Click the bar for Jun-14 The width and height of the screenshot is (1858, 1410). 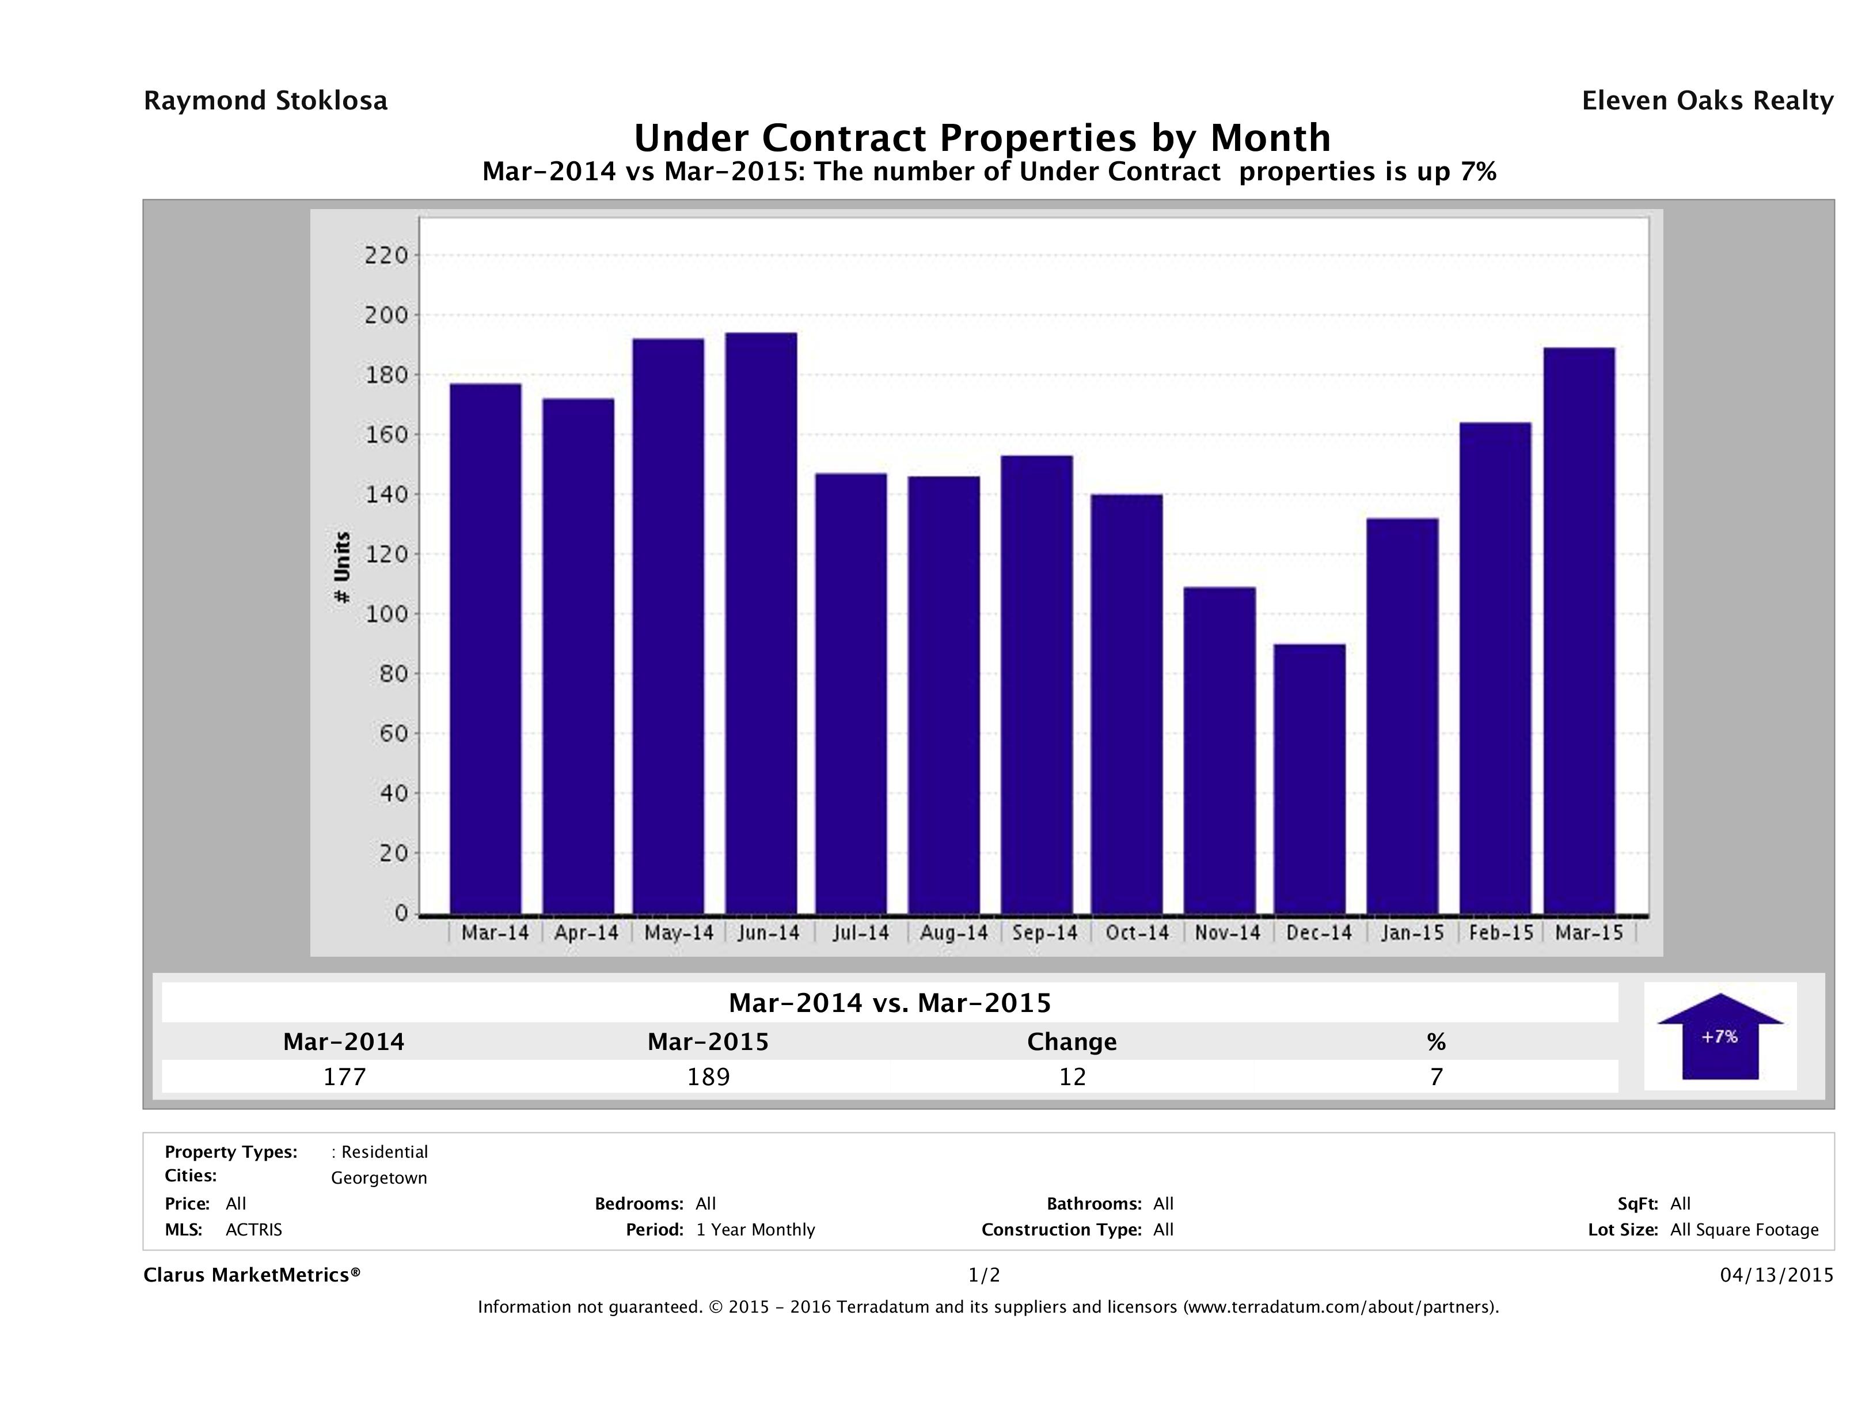[761, 623]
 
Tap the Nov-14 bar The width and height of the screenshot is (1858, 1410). [1219, 751]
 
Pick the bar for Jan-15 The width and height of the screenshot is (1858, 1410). [1402, 716]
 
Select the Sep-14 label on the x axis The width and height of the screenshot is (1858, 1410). [1044, 933]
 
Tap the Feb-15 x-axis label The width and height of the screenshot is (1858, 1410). [1500, 933]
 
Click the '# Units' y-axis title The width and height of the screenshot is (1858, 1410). [342, 567]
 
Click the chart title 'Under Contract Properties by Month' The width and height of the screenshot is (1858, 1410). [982, 137]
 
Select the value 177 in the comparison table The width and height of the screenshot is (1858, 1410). [344, 1077]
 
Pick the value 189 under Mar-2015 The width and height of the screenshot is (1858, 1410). [708, 1077]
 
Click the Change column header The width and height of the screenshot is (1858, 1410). [1072, 1042]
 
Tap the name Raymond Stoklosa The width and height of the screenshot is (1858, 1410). [265, 101]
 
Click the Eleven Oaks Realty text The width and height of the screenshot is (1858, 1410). [1707, 101]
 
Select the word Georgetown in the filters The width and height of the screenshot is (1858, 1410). [379, 1178]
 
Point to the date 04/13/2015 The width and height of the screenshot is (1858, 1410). [1776, 1275]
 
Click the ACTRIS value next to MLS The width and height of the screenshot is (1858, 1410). [254, 1229]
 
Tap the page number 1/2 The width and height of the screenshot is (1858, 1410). [983, 1275]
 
